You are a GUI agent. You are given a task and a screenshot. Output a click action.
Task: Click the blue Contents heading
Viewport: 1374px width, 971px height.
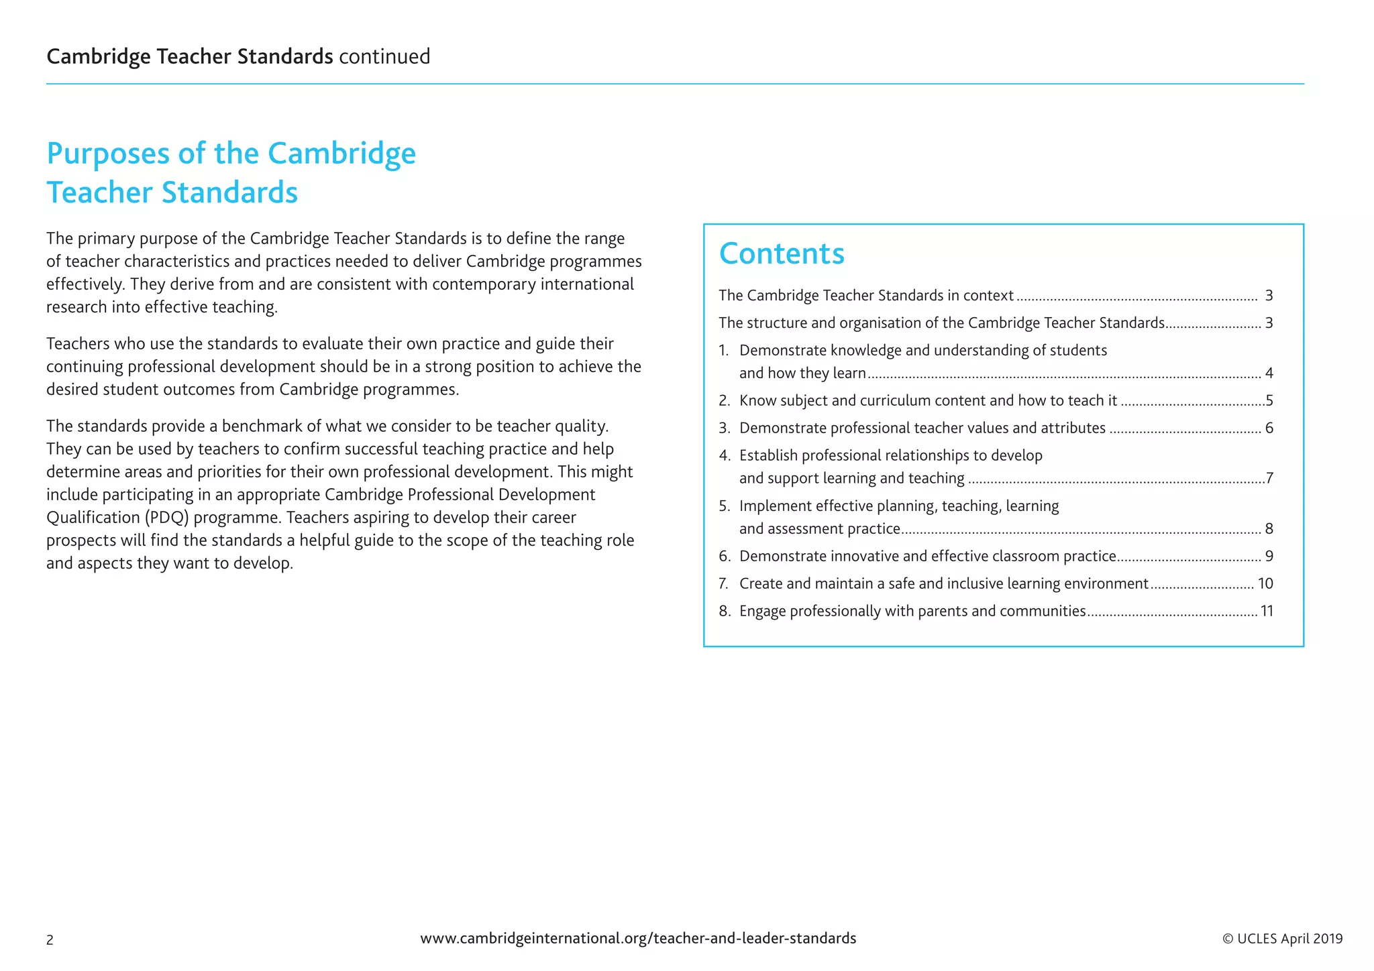point(782,254)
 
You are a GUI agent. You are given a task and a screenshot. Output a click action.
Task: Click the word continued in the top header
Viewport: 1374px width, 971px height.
point(384,56)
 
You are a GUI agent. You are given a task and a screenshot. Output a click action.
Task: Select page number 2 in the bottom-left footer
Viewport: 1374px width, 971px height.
point(50,940)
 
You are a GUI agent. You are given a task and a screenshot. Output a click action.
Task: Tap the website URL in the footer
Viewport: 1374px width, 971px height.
point(638,938)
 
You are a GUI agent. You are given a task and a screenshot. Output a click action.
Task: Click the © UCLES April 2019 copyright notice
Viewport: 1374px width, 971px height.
point(1282,939)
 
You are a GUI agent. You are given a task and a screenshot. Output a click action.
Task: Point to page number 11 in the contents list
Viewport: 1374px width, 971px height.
point(1267,611)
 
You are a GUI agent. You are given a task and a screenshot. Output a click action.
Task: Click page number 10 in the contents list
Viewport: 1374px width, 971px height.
point(1265,583)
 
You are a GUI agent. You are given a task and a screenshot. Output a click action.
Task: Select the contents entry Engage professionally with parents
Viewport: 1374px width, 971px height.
point(912,611)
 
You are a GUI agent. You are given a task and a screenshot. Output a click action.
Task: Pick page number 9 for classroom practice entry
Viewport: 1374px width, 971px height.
point(1269,556)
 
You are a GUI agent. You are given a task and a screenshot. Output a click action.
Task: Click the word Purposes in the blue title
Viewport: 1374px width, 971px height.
point(108,154)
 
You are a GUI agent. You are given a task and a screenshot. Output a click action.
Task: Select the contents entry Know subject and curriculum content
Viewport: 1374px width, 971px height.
point(928,401)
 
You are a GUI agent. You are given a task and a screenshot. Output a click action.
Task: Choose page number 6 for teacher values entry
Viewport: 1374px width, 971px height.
point(1269,428)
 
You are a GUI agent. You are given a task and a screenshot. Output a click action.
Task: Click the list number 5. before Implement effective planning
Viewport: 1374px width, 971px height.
point(724,506)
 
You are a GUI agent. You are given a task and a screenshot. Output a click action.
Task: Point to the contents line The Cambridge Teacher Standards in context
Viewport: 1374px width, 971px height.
point(865,296)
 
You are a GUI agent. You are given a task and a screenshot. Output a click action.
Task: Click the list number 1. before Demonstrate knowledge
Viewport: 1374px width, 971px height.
point(724,351)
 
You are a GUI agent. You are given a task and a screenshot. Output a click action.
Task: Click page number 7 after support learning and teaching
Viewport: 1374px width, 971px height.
point(1269,478)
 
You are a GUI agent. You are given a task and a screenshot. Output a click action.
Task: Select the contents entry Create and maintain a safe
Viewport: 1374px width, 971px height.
point(943,583)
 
